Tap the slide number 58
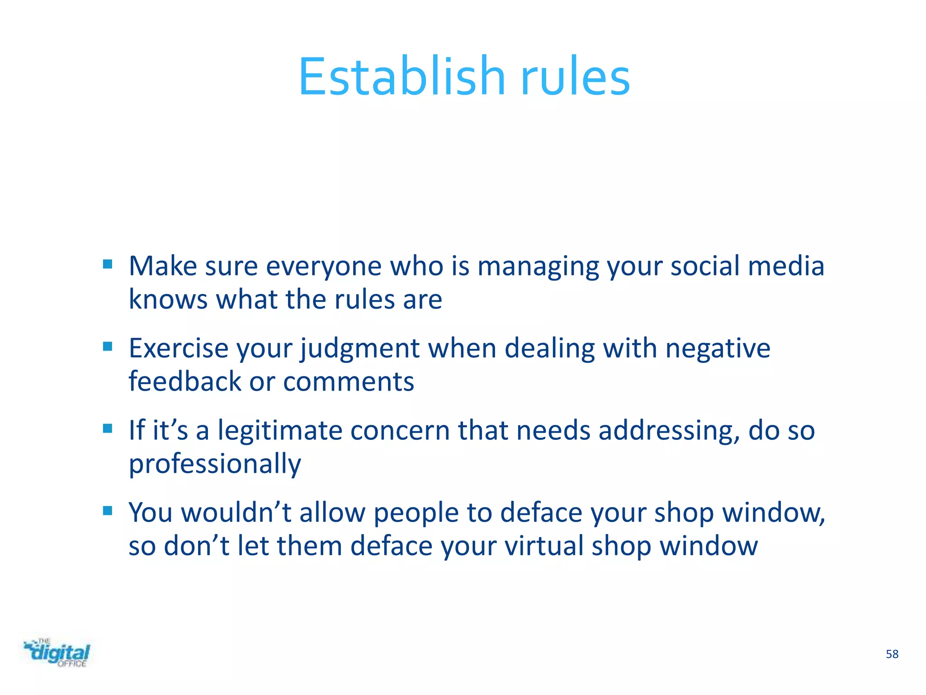(x=892, y=654)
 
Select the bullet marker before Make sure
(x=108, y=264)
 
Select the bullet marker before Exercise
(x=108, y=347)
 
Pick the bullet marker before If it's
(x=108, y=428)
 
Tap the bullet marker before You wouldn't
(x=108, y=511)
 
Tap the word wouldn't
(x=236, y=513)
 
